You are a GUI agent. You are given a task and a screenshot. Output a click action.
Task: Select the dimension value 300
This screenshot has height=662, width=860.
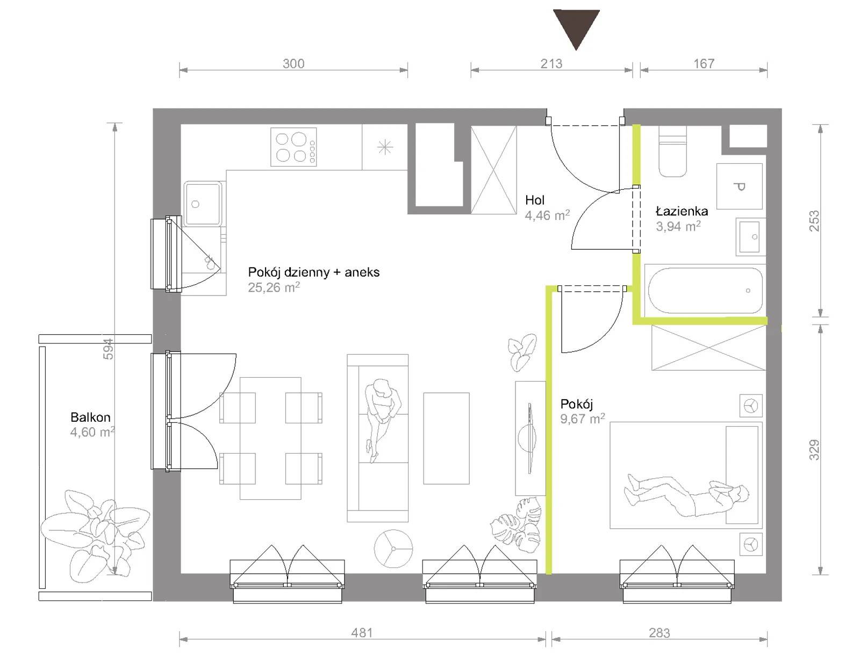[x=293, y=63]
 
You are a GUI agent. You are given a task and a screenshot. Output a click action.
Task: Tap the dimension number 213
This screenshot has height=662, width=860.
[x=551, y=63]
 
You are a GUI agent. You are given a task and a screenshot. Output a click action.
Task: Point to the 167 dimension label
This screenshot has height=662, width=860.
[x=704, y=63]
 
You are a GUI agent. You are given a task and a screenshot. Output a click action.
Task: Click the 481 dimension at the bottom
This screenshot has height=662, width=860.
[x=362, y=633]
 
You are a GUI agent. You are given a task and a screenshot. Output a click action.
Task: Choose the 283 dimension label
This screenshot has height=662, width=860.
[x=660, y=633]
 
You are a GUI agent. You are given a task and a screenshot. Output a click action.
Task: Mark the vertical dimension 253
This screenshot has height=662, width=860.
[x=814, y=221]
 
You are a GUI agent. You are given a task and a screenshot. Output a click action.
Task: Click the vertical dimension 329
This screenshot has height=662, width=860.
[x=814, y=450]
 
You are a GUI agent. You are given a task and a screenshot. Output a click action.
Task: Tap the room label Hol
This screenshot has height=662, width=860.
[x=535, y=200]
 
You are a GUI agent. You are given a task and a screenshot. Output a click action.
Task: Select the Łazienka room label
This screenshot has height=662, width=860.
[x=682, y=211]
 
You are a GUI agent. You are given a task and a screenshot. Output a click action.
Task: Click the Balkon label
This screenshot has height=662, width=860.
[x=90, y=417]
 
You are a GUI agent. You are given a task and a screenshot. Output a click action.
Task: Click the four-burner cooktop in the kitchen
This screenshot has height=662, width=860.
[x=293, y=147]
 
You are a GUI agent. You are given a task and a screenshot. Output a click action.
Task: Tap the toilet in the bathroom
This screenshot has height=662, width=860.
[x=672, y=152]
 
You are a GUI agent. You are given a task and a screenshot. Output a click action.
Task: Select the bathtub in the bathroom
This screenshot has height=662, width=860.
[x=705, y=291]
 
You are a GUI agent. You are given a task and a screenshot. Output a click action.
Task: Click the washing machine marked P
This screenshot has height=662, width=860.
[x=739, y=186]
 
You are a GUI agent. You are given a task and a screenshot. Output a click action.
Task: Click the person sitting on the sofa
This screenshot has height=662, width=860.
[x=382, y=420]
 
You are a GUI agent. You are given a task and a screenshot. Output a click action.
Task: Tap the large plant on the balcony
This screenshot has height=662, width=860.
[x=95, y=536]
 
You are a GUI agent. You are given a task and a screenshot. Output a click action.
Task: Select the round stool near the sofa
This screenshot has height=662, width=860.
[x=393, y=549]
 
